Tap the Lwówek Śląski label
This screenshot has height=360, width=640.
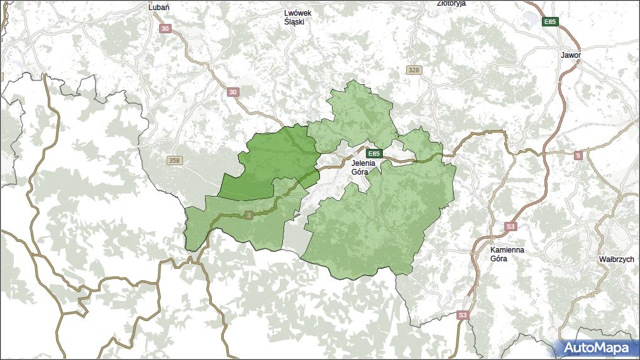[x=298, y=17]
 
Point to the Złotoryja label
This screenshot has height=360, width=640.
[x=451, y=3]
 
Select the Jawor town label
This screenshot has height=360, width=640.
[x=571, y=55]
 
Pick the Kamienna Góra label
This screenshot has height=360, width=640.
[x=507, y=254]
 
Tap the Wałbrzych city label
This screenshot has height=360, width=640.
[x=616, y=259]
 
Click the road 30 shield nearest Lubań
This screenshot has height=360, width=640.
[x=165, y=29]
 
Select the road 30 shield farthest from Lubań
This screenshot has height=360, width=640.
[x=233, y=92]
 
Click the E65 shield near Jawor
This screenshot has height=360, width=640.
[x=550, y=22]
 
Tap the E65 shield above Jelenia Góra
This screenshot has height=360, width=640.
[x=374, y=153]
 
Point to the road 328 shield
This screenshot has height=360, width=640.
[x=413, y=70]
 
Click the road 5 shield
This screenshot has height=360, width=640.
[x=578, y=155]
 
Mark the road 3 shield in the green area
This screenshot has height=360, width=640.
[x=249, y=215]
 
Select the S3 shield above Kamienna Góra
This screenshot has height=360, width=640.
[x=510, y=226]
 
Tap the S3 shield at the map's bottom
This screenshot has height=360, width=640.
[x=463, y=315]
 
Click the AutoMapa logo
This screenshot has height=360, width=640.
[x=595, y=347]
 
